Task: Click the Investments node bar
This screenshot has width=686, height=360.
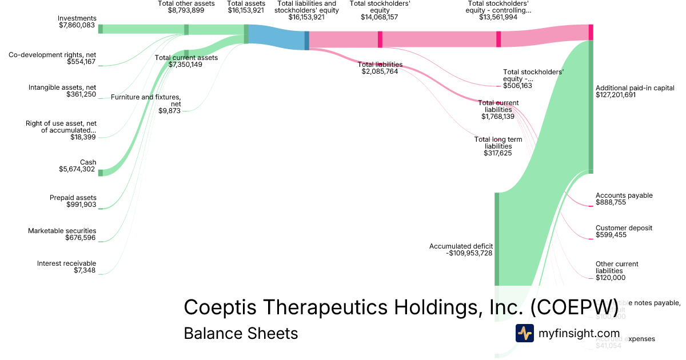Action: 101,29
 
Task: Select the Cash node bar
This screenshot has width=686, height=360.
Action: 101,173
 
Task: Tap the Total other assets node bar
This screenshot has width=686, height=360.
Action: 186,30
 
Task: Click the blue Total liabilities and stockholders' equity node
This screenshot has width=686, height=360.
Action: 307,40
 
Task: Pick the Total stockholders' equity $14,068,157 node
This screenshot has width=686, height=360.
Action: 380,39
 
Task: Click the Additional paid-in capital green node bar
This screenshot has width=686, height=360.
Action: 591,106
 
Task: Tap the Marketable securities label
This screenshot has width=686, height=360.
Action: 62,231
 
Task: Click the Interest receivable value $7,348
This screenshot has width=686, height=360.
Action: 85,270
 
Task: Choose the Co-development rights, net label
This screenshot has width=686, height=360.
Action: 52,55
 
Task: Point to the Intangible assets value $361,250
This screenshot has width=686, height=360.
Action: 81,94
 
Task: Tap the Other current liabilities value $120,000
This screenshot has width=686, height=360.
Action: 611,278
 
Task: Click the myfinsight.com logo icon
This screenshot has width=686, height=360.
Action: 524,333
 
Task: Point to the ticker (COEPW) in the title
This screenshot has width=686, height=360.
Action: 574,307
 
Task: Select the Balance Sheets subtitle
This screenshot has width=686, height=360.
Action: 241,333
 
